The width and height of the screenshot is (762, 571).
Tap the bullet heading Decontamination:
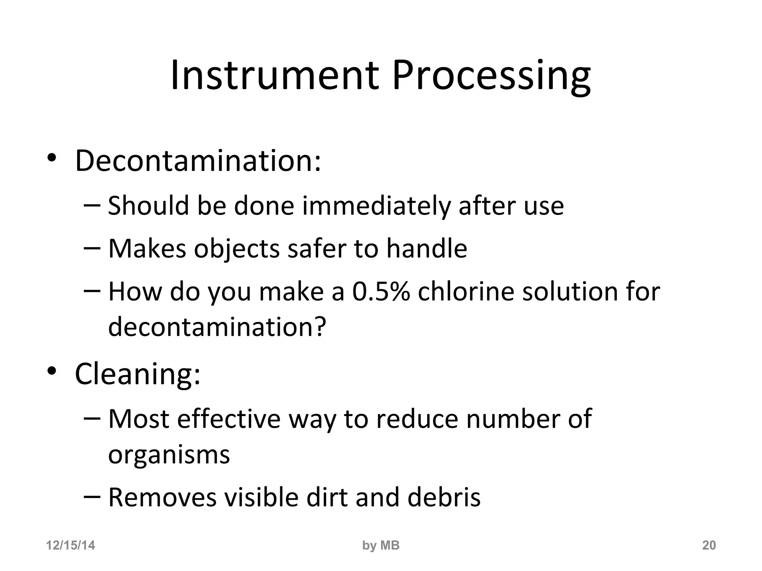click(198, 161)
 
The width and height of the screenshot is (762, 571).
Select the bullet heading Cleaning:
click(138, 374)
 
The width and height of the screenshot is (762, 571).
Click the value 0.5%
click(381, 291)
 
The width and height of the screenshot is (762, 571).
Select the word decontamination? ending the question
click(217, 326)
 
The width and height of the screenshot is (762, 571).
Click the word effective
click(229, 419)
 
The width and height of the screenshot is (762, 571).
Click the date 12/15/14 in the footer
click(70, 545)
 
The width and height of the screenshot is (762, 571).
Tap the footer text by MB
click(381, 545)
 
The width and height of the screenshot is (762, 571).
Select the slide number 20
click(709, 545)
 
